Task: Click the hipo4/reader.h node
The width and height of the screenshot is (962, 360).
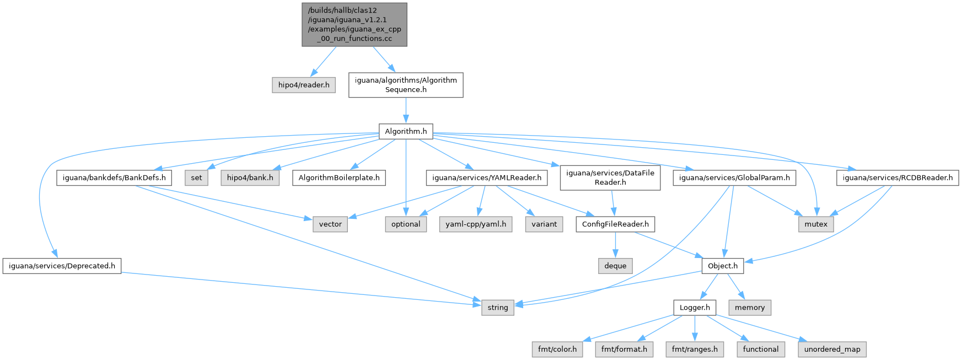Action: [304, 85]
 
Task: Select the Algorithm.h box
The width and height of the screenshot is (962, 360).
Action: [406, 131]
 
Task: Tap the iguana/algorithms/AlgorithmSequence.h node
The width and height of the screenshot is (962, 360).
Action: [406, 85]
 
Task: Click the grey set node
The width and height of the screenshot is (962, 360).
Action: [197, 178]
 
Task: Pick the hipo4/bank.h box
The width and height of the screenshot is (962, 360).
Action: [250, 178]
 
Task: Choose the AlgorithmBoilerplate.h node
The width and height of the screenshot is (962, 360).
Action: [339, 178]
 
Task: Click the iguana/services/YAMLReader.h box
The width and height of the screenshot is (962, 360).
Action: [487, 178]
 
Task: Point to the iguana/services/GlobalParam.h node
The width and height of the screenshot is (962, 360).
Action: [734, 178]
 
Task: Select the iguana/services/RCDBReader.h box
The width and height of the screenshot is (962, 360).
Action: [897, 178]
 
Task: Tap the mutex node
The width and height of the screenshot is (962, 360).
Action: [816, 224]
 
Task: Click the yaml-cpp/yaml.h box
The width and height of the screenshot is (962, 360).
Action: [476, 224]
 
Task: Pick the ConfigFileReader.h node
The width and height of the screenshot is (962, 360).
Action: [615, 224]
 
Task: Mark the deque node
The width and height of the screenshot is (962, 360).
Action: [615, 266]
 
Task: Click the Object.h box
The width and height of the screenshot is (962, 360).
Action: [723, 266]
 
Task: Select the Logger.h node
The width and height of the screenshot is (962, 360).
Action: [695, 307]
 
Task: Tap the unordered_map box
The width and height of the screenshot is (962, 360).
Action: [832, 349]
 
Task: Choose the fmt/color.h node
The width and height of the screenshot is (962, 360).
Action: [557, 349]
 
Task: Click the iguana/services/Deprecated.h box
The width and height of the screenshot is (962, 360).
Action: [62, 266]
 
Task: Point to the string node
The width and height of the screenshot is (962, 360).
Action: [498, 307]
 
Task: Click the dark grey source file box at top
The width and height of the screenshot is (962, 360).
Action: [354, 24]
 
